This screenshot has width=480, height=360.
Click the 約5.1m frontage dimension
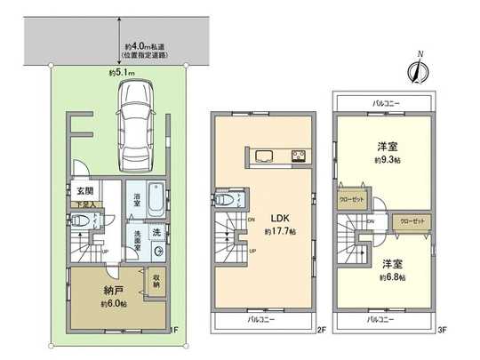pos(121,73)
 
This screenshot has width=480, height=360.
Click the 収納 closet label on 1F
pos(156,281)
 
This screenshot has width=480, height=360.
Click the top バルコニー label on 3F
pos(386,103)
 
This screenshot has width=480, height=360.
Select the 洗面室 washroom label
pos(140,239)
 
